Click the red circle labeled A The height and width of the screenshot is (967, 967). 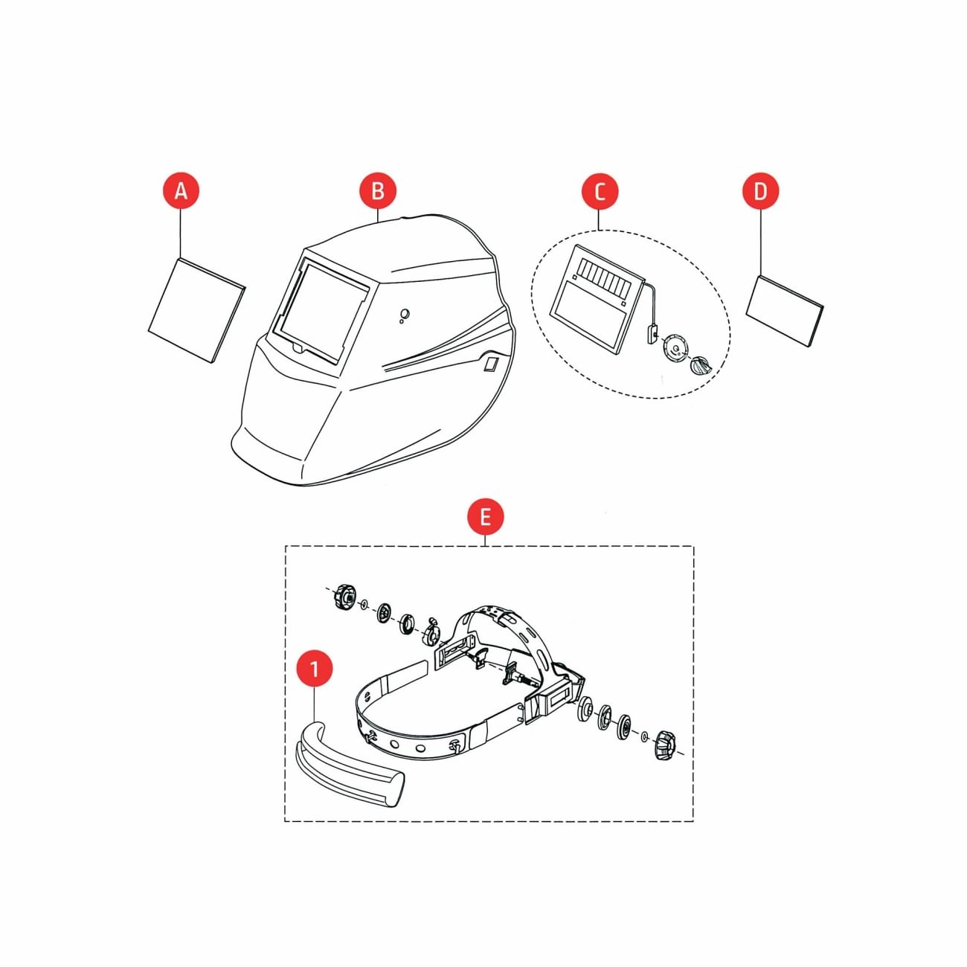tap(181, 191)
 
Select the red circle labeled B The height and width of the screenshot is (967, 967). tap(378, 191)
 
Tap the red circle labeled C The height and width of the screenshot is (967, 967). tap(600, 191)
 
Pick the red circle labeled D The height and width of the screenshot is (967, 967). tap(760, 191)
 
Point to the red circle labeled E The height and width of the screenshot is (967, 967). tap(485, 516)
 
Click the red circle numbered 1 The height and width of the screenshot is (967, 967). tap(314, 668)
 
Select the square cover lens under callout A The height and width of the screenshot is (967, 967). tap(196, 309)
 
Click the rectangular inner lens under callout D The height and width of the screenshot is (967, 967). tap(785, 311)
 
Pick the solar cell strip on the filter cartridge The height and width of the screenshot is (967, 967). tap(609, 276)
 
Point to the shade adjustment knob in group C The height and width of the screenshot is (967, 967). tap(701, 365)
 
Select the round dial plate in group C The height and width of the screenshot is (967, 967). tap(675, 348)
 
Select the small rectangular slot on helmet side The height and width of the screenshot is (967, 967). tap(491, 364)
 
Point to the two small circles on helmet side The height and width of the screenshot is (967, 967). tap(404, 315)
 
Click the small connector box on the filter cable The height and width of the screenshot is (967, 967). tap(652, 334)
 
